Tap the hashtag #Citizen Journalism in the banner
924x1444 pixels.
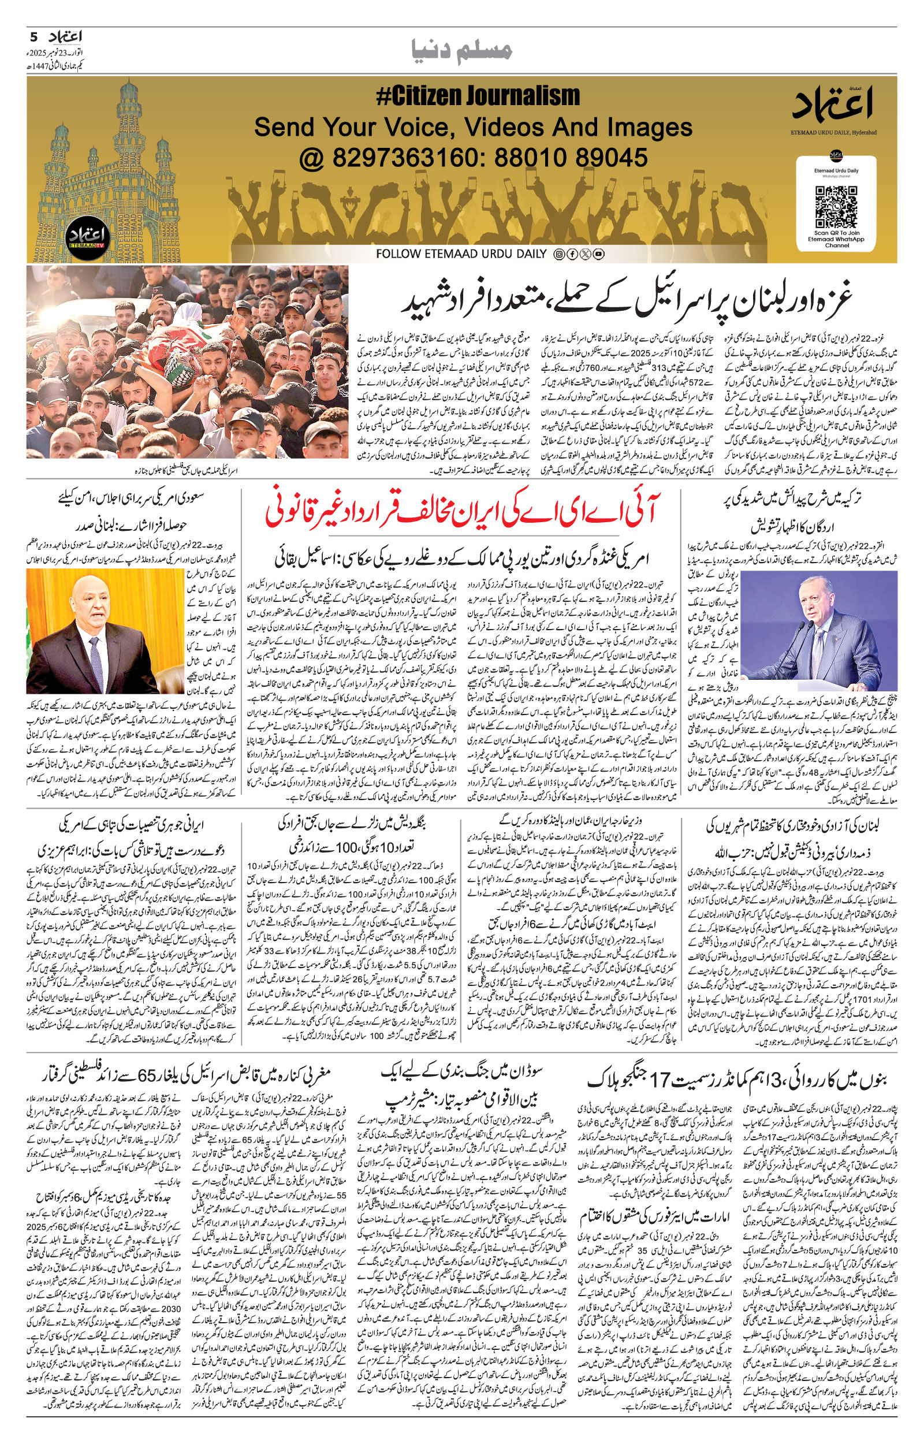click(x=478, y=96)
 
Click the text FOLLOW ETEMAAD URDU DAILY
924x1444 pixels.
click(x=461, y=254)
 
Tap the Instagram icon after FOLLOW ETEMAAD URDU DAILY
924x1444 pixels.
click(x=558, y=254)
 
